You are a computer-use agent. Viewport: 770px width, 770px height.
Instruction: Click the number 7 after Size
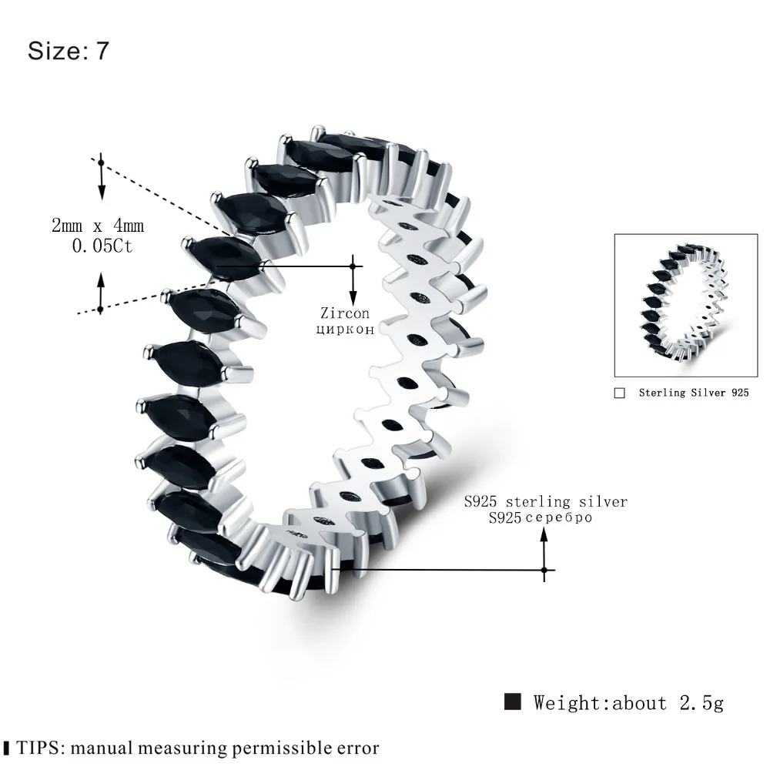click(x=102, y=51)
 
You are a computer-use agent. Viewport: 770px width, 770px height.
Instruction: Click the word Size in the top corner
click(x=55, y=51)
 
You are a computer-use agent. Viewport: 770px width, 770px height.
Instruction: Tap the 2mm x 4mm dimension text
click(x=98, y=226)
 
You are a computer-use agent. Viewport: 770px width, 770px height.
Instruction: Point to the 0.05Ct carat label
click(x=102, y=246)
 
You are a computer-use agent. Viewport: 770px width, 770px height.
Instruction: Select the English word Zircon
click(x=345, y=313)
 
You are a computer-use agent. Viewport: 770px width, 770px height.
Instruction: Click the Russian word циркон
click(x=345, y=329)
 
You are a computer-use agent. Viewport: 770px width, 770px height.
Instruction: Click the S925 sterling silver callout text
click(x=546, y=501)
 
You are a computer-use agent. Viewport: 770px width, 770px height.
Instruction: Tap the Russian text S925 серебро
click(x=541, y=517)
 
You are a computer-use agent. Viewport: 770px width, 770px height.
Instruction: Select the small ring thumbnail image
click(x=686, y=306)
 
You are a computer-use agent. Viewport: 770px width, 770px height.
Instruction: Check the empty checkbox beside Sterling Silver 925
click(x=620, y=393)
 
